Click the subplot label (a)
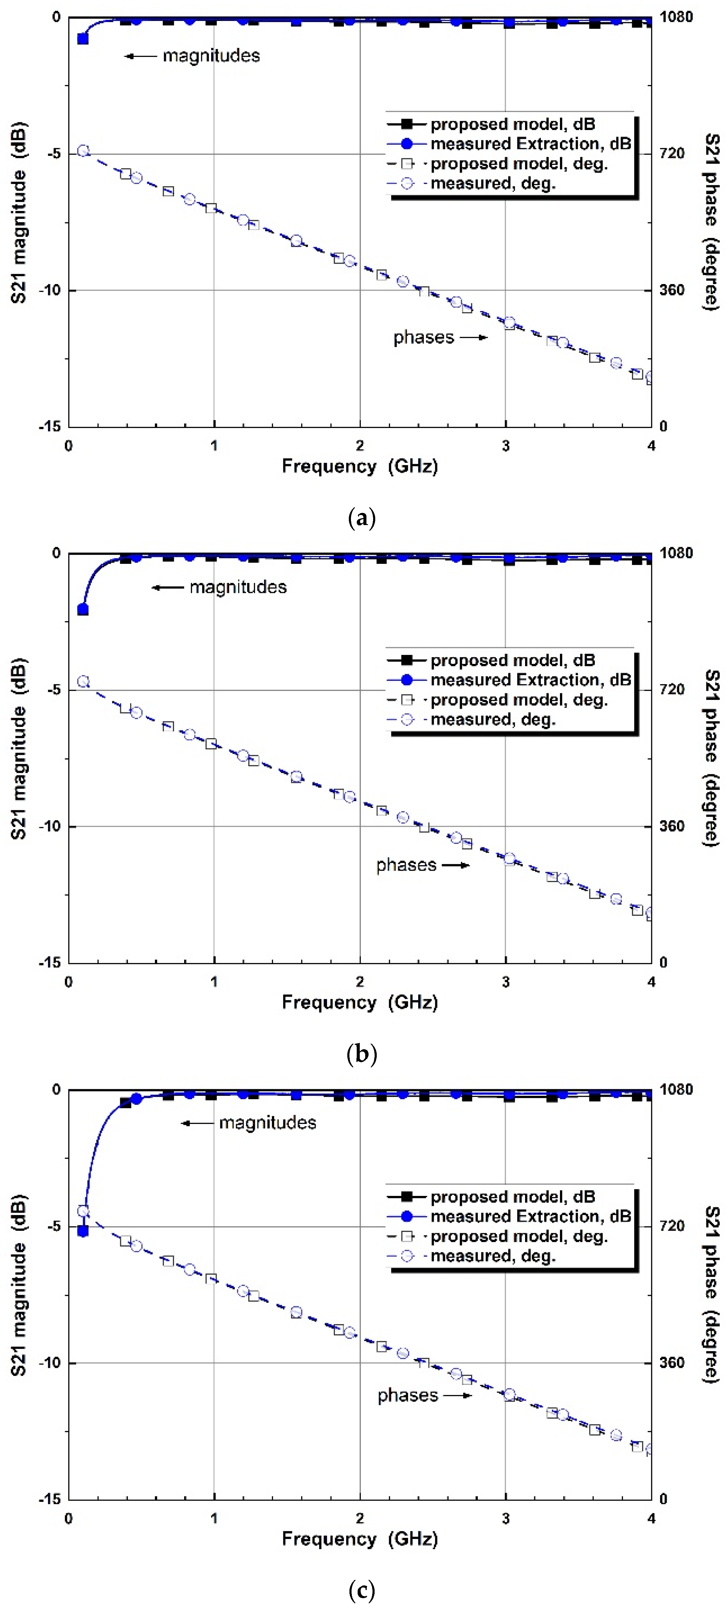click(x=362, y=518)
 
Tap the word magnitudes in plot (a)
click(x=211, y=55)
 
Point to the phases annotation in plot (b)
click(x=406, y=865)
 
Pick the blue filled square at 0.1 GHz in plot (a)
click(x=83, y=39)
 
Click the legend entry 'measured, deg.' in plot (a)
click(x=493, y=183)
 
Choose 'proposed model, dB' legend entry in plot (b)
click(x=512, y=660)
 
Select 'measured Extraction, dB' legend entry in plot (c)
click(x=530, y=1216)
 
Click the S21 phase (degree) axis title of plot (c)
click(x=712, y=1294)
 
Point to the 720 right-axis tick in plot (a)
click(x=672, y=153)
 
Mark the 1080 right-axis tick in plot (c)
click(x=676, y=1090)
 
